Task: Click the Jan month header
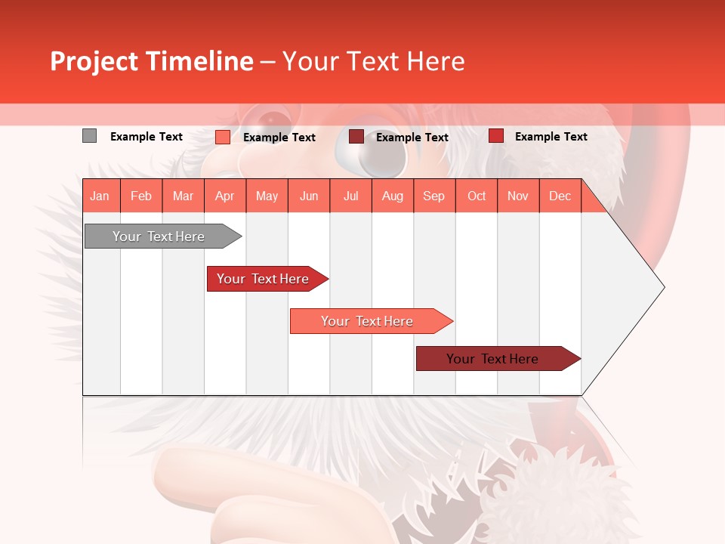(100, 196)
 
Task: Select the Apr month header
(225, 196)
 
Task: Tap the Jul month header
(350, 196)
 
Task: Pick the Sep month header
(434, 196)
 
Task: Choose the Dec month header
(560, 196)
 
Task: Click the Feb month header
(141, 196)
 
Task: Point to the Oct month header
(477, 196)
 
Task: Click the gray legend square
(90, 136)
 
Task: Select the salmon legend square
(223, 137)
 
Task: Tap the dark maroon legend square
(356, 137)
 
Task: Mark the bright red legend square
(496, 136)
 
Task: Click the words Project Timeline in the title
(152, 61)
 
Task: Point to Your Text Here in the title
(374, 61)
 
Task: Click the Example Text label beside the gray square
(147, 137)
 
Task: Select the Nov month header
(518, 196)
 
